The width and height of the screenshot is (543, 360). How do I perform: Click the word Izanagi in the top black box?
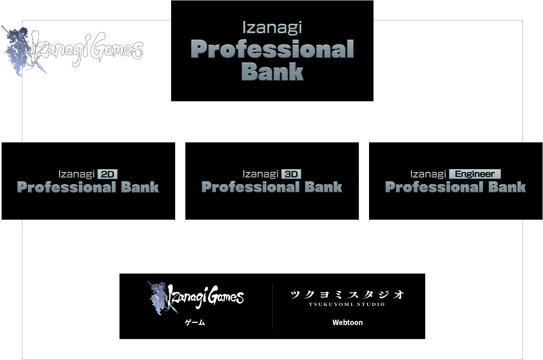click(x=272, y=28)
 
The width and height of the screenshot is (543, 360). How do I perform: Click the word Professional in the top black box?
click(x=272, y=49)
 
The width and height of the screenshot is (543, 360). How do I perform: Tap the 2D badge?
click(x=107, y=174)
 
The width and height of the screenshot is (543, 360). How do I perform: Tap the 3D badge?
click(x=291, y=174)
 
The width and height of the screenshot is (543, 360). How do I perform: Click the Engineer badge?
click(x=475, y=174)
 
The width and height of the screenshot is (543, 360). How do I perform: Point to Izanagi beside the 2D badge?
click(x=76, y=175)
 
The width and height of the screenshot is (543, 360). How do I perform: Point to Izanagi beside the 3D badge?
click(x=261, y=175)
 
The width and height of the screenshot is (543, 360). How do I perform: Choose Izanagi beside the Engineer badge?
click(x=428, y=175)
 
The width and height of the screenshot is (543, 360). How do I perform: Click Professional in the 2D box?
click(x=66, y=187)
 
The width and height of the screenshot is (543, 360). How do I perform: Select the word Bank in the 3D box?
click(x=324, y=187)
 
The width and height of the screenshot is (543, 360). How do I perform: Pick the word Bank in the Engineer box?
click(x=507, y=187)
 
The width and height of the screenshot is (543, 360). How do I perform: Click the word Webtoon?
click(x=348, y=323)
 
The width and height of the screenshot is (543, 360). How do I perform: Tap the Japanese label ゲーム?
click(x=195, y=323)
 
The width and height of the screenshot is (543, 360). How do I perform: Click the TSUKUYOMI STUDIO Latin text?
click(x=347, y=304)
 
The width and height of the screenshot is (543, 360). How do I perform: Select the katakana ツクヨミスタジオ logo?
click(x=347, y=295)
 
